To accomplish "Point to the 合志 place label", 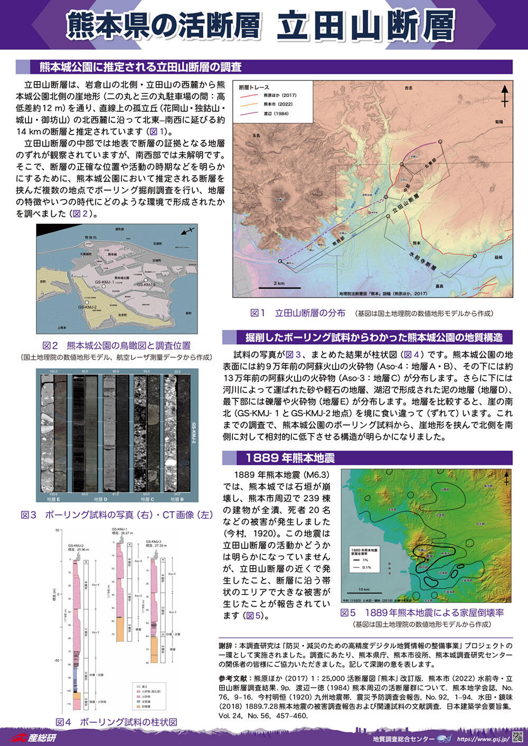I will pos(407,88).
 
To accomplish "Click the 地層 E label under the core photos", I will pos(53,499).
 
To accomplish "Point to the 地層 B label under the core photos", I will pos(174,499).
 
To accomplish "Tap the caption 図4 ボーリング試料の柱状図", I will pos(116,722).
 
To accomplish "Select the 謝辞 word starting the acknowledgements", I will pos(225,645).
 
